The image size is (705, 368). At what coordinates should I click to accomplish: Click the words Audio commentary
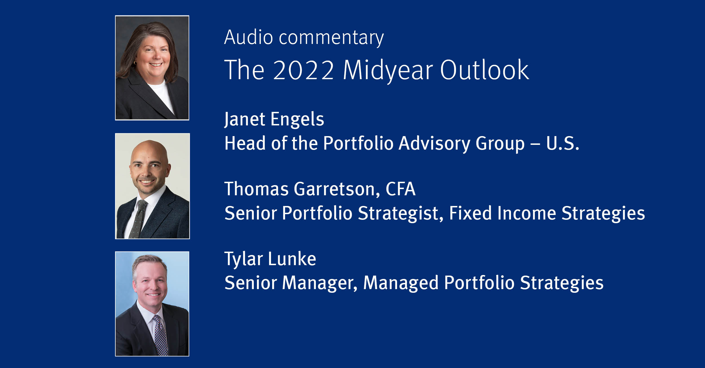coord(304,38)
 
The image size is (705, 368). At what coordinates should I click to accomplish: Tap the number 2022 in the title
coord(303,70)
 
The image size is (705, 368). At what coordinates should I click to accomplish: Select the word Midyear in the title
coord(388,70)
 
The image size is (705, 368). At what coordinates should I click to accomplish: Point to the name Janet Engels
coord(274,119)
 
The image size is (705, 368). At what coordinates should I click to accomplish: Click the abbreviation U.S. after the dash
coord(563,143)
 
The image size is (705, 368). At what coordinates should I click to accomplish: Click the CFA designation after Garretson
coord(400,189)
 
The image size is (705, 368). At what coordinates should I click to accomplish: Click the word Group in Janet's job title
coord(500,144)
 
